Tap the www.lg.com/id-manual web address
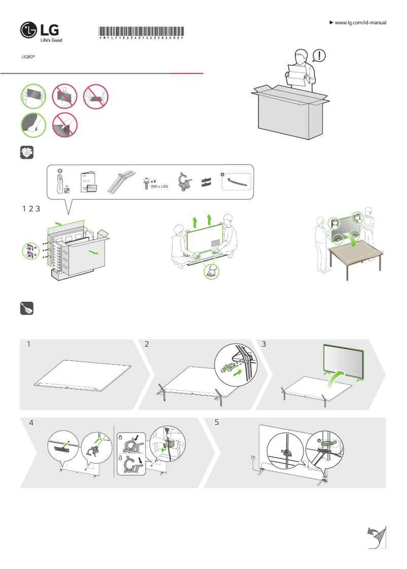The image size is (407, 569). tap(361, 23)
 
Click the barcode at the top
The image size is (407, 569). tap(141, 31)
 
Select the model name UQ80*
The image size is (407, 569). tap(28, 57)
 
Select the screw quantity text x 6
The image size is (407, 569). tap(153, 181)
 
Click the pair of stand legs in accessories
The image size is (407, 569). tap(121, 182)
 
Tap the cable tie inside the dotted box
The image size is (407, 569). tap(238, 182)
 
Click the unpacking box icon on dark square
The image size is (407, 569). tap(27, 153)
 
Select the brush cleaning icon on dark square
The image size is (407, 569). tap(27, 308)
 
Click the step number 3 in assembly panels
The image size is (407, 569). tap(263, 344)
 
